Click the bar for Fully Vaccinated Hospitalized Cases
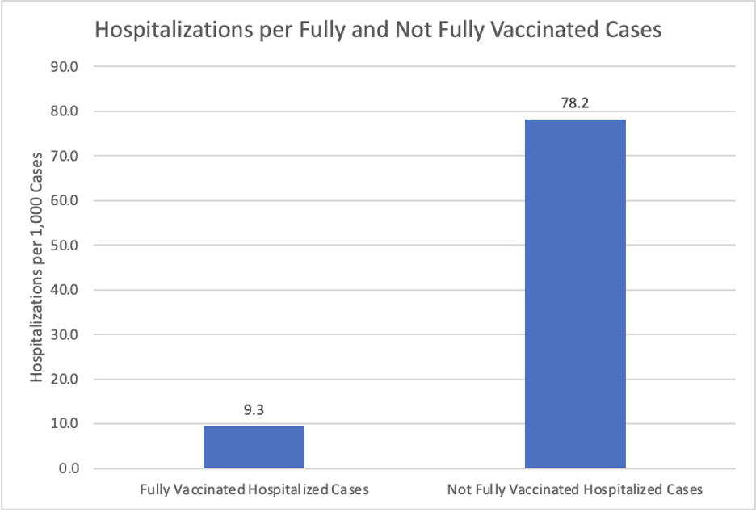[x=254, y=447]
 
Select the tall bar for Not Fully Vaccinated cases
[x=575, y=293]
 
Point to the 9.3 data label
[x=254, y=410]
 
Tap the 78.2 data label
[x=575, y=103]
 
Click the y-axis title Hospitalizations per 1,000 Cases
[x=37, y=267]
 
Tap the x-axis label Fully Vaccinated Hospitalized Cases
[x=254, y=489]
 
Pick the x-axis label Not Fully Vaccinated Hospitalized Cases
[x=575, y=489]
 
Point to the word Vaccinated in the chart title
[x=522, y=31]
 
